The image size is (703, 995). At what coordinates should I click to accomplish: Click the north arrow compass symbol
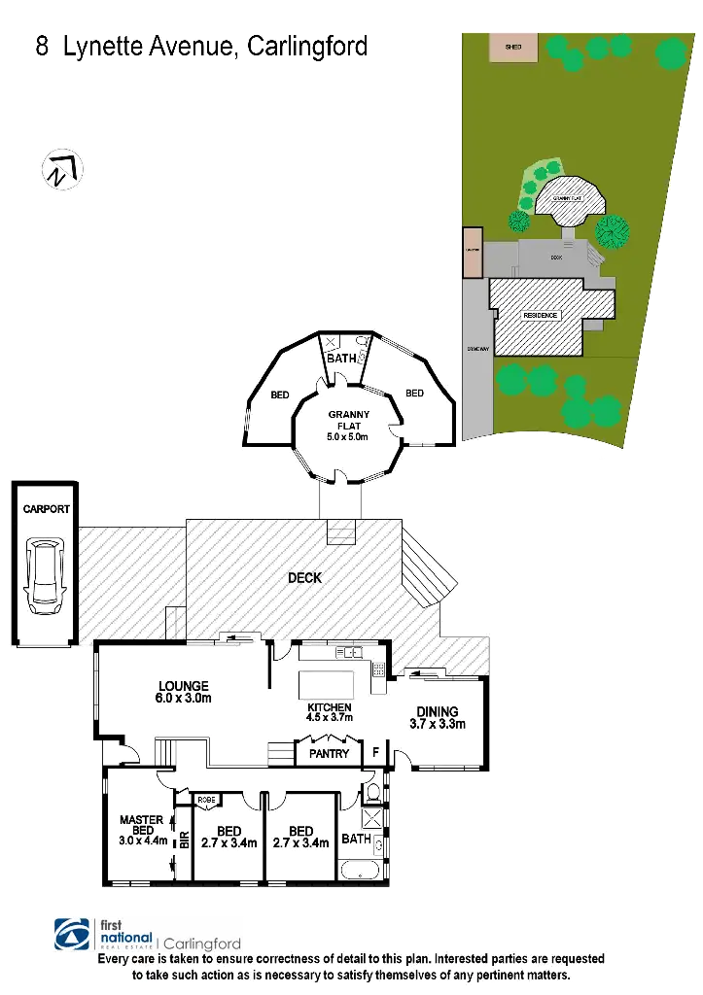pos(61,169)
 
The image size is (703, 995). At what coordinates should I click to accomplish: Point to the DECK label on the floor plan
pos(304,578)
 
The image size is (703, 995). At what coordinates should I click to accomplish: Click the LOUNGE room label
pos(185,686)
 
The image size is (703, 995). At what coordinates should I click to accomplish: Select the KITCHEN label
pos(329,706)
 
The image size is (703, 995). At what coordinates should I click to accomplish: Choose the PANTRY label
pos(329,753)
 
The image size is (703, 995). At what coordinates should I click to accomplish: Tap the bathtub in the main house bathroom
pos(358,867)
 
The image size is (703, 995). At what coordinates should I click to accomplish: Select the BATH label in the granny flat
pos(341,359)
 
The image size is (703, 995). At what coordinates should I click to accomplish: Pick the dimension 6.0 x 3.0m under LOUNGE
pos(185,699)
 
